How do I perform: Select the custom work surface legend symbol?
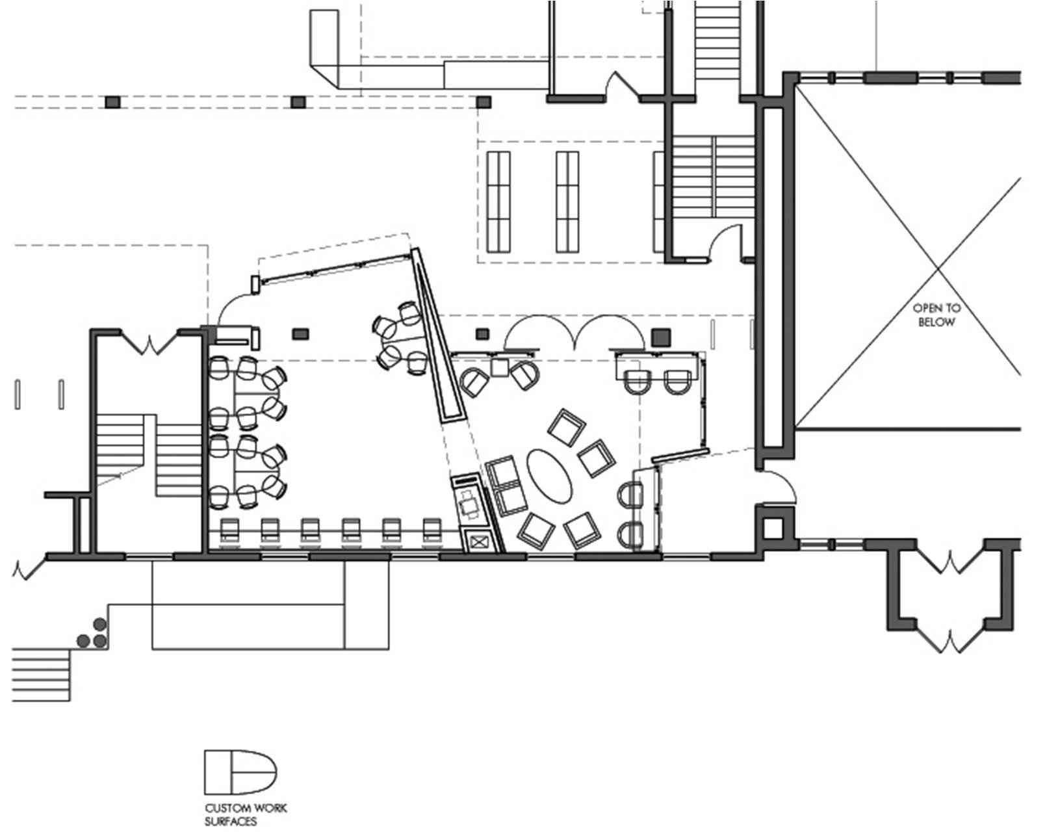point(240,772)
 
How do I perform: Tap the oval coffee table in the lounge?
point(549,476)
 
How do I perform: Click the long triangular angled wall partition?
point(439,334)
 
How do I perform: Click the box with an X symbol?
point(478,542)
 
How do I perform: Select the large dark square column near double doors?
point(661,337)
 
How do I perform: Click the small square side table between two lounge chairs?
point(500,368)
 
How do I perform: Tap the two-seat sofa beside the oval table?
point(506,486)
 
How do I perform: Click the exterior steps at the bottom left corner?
point(41,674)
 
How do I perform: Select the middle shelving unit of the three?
point(567,201)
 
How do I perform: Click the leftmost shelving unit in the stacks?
point(498,201)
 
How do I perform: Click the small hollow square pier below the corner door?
point(773,528)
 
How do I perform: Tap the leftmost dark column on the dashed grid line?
point(112,102)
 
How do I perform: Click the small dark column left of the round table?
point(300,334)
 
